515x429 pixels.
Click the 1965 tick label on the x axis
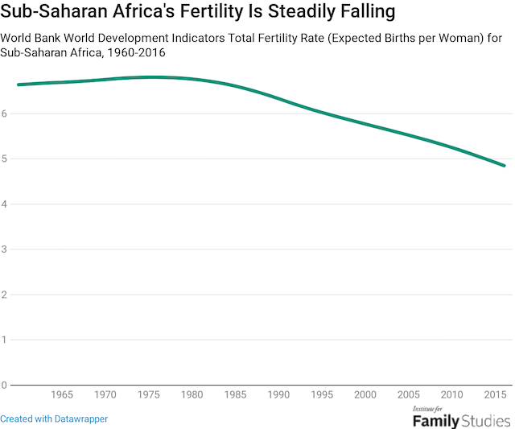click(62, 396)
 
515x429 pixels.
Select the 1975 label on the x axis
click(150, 396)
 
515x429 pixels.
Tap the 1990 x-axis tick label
click(279, 396)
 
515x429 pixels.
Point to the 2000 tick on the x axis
click(366, 396)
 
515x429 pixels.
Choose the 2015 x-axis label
click(496, 396)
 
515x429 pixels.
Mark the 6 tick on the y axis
click(4, 113)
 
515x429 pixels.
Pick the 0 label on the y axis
click(4, 385)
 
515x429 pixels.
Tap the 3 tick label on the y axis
click(4, 250)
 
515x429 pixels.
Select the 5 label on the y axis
click(4, 159)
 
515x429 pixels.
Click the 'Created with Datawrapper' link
click(54, 419)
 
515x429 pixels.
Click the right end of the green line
click(505, 166)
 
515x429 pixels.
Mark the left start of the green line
click(19, 85)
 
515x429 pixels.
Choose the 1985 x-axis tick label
click(236, 396)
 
